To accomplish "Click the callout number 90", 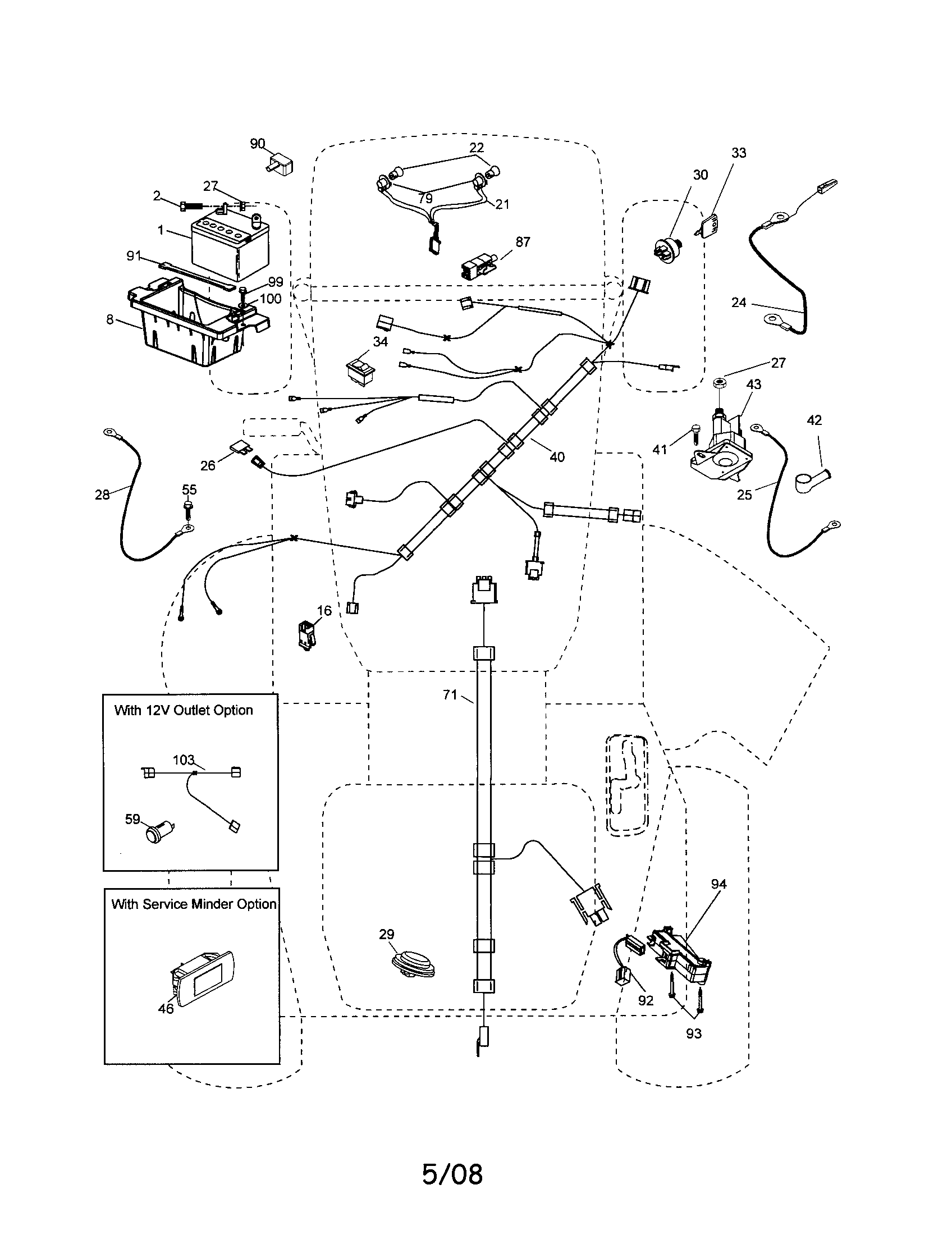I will pyautogui.click(x=257, y=144).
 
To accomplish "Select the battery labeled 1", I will pyautogui.click(x=230, y=249).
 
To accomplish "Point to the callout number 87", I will pyautogui.click(x=523, y=242).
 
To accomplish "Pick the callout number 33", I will pyautogui.click(x=738, y=153).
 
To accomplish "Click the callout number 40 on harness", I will pyautogui.click(x=557, y=457).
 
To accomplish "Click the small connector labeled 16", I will pyautogui.click(x=305, y=634).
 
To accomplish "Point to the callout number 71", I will pyautogui.click(x=450, y=694).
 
